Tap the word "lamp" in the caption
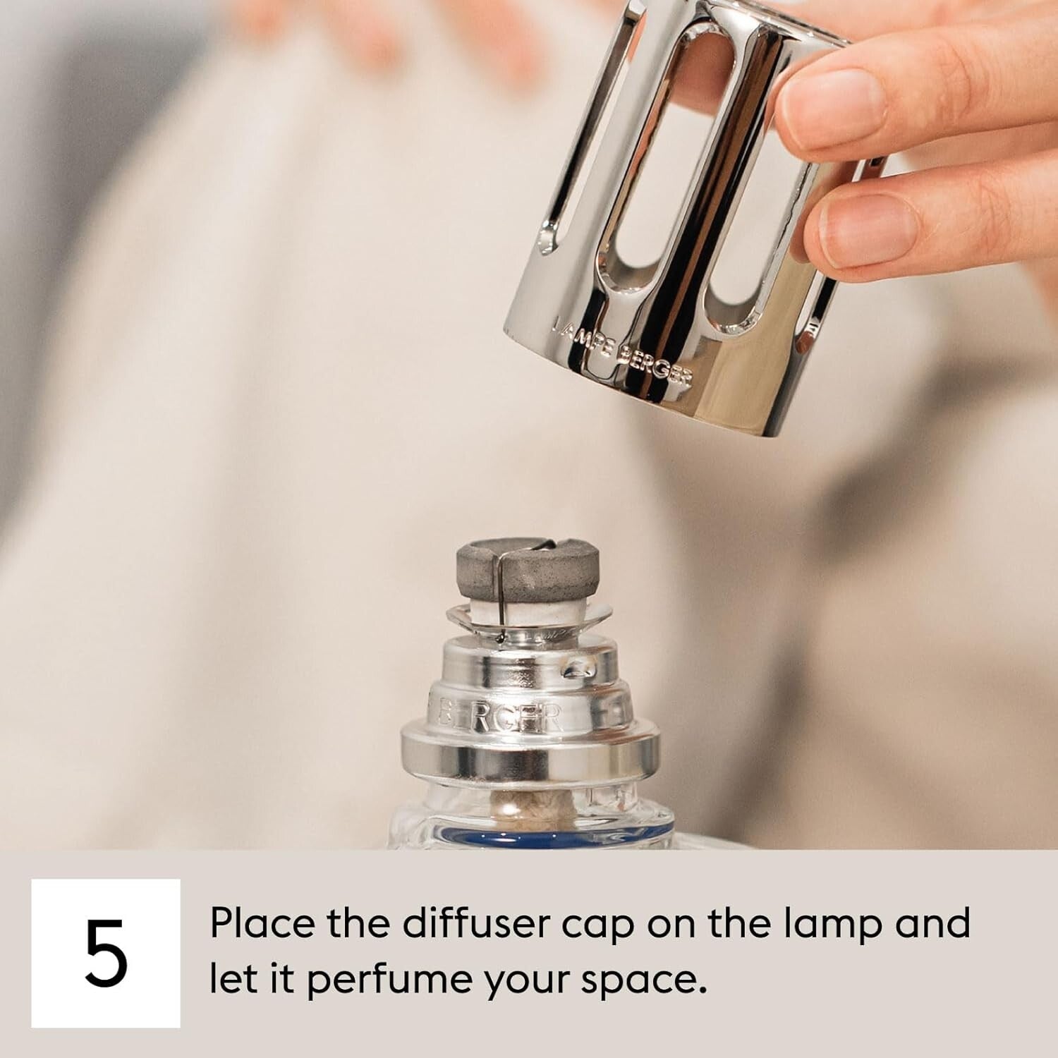832,925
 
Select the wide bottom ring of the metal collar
529,755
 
